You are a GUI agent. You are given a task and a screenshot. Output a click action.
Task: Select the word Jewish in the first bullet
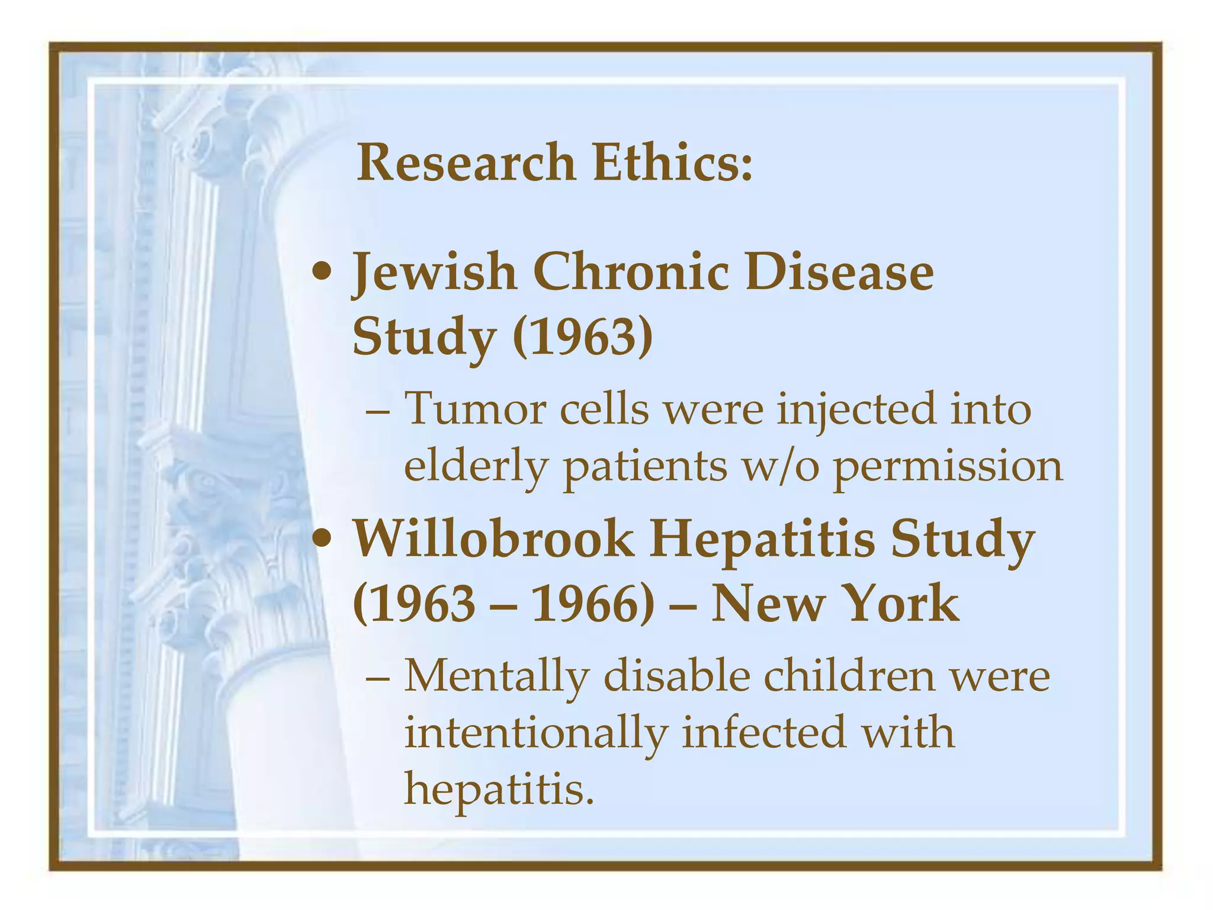435,273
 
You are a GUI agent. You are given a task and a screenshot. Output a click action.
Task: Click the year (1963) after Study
583,337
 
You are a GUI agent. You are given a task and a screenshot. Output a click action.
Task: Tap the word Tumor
474,409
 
